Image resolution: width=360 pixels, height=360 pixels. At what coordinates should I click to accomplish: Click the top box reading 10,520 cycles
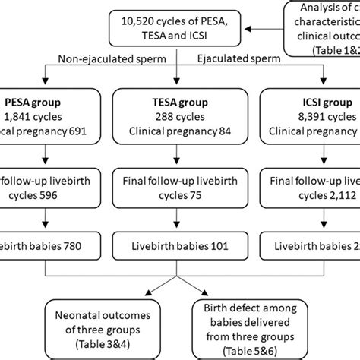175,30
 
